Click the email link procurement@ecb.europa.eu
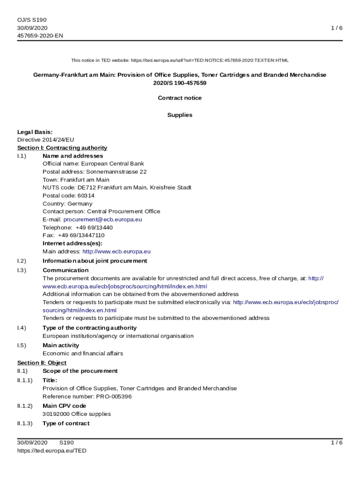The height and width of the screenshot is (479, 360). coord(102,219)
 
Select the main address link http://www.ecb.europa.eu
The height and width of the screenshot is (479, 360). coord(116,252)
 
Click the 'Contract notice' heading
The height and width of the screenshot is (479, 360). coord(180,98)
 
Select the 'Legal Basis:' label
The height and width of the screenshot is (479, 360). coord(35,132)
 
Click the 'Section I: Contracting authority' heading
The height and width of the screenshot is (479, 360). coord(62,148)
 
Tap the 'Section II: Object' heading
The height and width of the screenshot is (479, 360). coord(42,363)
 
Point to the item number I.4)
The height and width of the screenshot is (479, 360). coord(22,328)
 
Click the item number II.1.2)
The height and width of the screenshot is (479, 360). coord(25,406)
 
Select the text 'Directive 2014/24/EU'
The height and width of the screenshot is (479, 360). coord(45,140)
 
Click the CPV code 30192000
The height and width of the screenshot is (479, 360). coord(56,414)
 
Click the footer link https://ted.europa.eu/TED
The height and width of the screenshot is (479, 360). coord(51,450)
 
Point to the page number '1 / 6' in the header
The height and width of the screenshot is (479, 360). coord(337,28)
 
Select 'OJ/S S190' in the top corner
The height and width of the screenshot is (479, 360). coord(32,20)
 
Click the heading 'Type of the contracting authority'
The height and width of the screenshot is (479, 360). coord(89,328)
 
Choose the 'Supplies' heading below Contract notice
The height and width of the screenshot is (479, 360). coord(180,115)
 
